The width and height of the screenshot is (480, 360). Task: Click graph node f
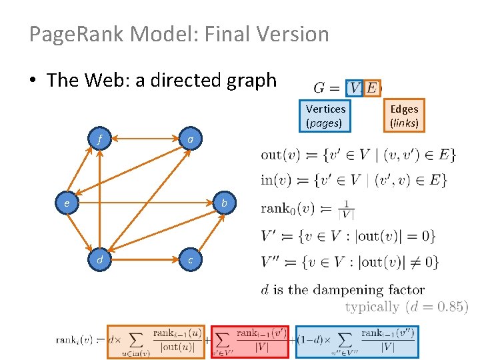click(99, 140)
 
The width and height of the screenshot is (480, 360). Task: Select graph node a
click(191, 140)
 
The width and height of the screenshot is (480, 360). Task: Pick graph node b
click(225, 202)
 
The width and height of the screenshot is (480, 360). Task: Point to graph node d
click(99, 260)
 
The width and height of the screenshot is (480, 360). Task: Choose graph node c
click(191, 260)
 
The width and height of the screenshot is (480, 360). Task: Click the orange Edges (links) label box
click(404, 115)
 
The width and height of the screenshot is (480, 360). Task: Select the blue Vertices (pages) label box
click(325, 115)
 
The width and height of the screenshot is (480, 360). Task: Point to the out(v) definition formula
click(359, 155)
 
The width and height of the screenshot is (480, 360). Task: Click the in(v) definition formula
click(354, 180)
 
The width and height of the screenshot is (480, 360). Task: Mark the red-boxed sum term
click(249, 341)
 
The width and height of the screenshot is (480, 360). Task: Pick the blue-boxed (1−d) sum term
click(355, 341)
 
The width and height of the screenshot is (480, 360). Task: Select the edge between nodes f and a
click(145, 140)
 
